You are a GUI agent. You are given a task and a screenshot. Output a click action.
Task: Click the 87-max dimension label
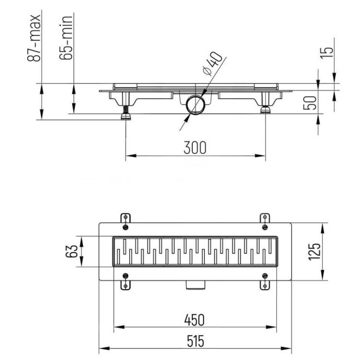click(34, 38)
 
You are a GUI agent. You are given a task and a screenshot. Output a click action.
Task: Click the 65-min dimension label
click(66, 37)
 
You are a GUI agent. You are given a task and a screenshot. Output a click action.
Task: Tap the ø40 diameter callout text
click(213, 63)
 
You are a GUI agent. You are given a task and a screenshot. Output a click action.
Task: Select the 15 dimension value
click(327, 53)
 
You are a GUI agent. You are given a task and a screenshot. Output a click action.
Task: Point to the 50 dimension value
click(310, 103)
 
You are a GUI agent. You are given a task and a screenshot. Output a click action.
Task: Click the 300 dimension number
click(195, 148)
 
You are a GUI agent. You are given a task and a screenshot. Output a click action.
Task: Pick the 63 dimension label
click(72, 252)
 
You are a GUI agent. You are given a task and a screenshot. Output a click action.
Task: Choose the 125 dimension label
click(314, 252)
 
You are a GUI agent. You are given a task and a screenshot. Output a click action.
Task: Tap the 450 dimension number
click(194, 320)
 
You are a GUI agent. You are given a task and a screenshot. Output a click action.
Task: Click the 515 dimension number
click(195, 341)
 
